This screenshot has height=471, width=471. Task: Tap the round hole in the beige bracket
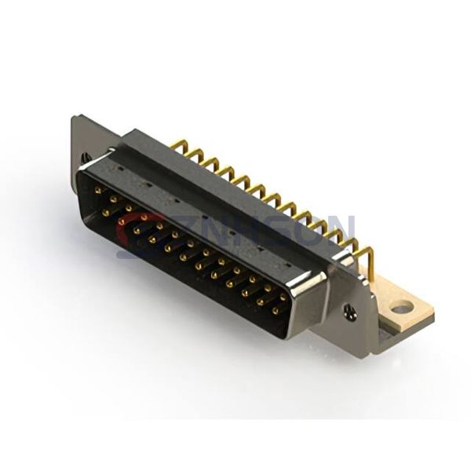(402, 308)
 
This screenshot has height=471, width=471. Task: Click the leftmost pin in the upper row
(97, 189)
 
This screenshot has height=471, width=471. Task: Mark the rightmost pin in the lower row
(276, 311)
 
